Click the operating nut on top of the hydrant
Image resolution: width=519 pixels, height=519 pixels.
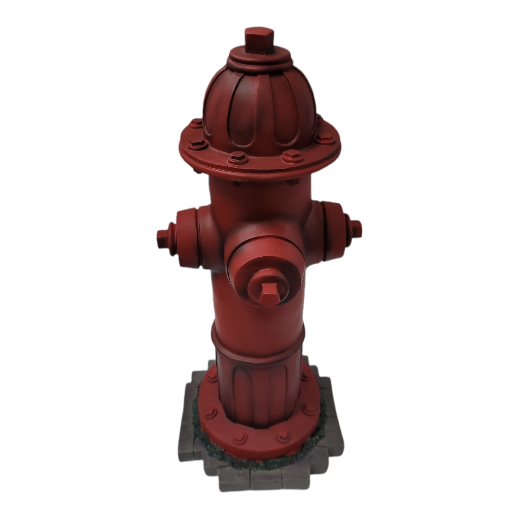pos(259,39)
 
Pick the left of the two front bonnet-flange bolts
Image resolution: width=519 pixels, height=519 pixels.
pos(237,158)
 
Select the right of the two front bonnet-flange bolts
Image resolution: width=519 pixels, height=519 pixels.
pos(292,156)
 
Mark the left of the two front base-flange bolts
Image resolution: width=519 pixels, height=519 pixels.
pos(240,437)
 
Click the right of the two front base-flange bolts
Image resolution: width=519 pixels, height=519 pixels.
pos(283,436)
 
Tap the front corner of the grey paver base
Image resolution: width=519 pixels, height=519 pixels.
pos(259,483)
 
